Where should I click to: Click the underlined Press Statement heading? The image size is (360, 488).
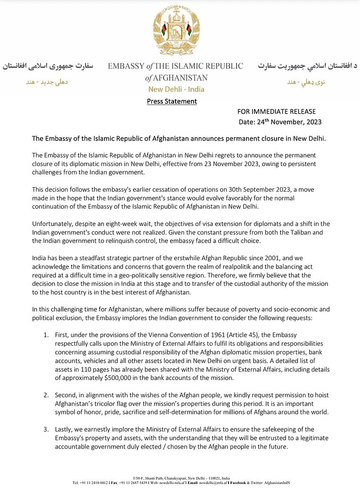[x=171, y=101]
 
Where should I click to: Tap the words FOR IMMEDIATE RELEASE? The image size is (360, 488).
[x=276, y=112]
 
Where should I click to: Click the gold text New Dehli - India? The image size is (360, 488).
[x=176, y=89]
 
